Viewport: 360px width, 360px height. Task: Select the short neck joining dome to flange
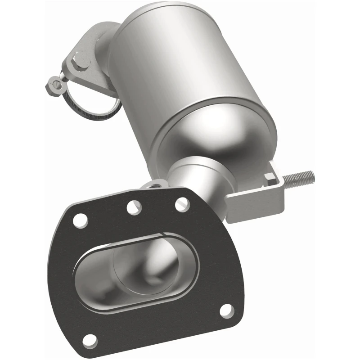193,175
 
